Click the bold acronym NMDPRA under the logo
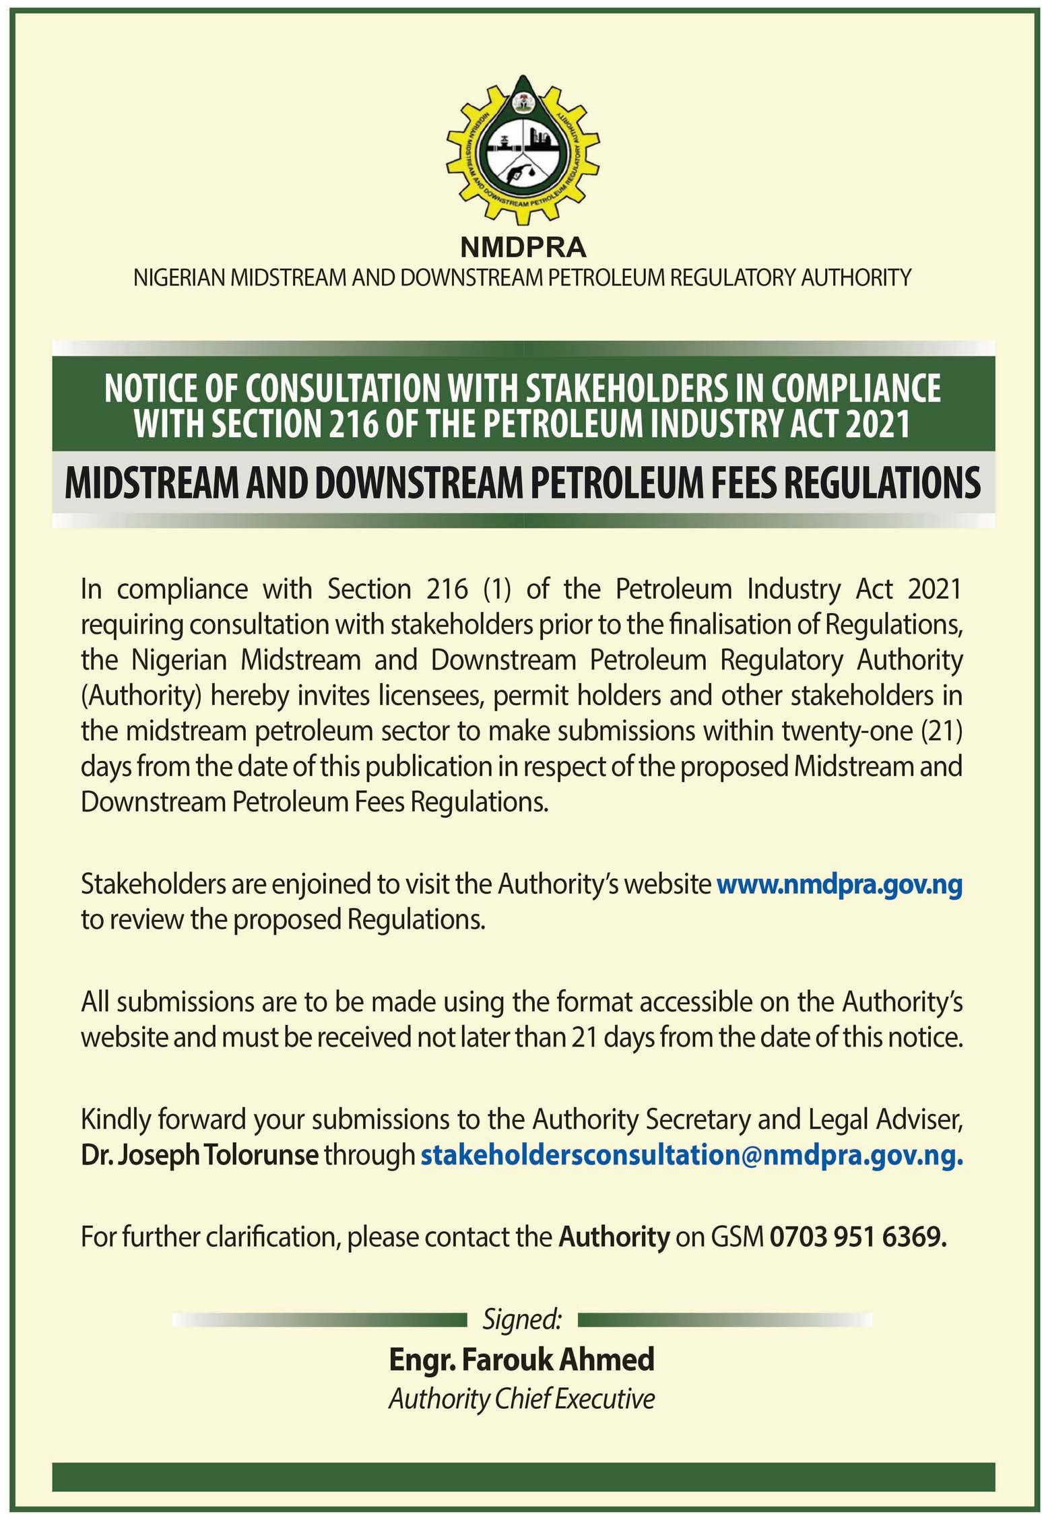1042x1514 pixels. (523, 248)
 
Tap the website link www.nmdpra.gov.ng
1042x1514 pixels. (839, 884)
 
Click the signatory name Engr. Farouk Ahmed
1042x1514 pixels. (521, 1359)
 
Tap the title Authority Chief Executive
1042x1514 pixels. (521, 1399)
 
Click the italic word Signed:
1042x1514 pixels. (522, 1319)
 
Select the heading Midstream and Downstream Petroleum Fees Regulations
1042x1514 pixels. (523, 483)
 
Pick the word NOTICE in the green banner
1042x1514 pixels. (145, 389)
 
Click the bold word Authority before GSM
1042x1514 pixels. (614, 1237)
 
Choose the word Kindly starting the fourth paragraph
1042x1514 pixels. (115, 1119)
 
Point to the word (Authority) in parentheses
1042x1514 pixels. (141, 694)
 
